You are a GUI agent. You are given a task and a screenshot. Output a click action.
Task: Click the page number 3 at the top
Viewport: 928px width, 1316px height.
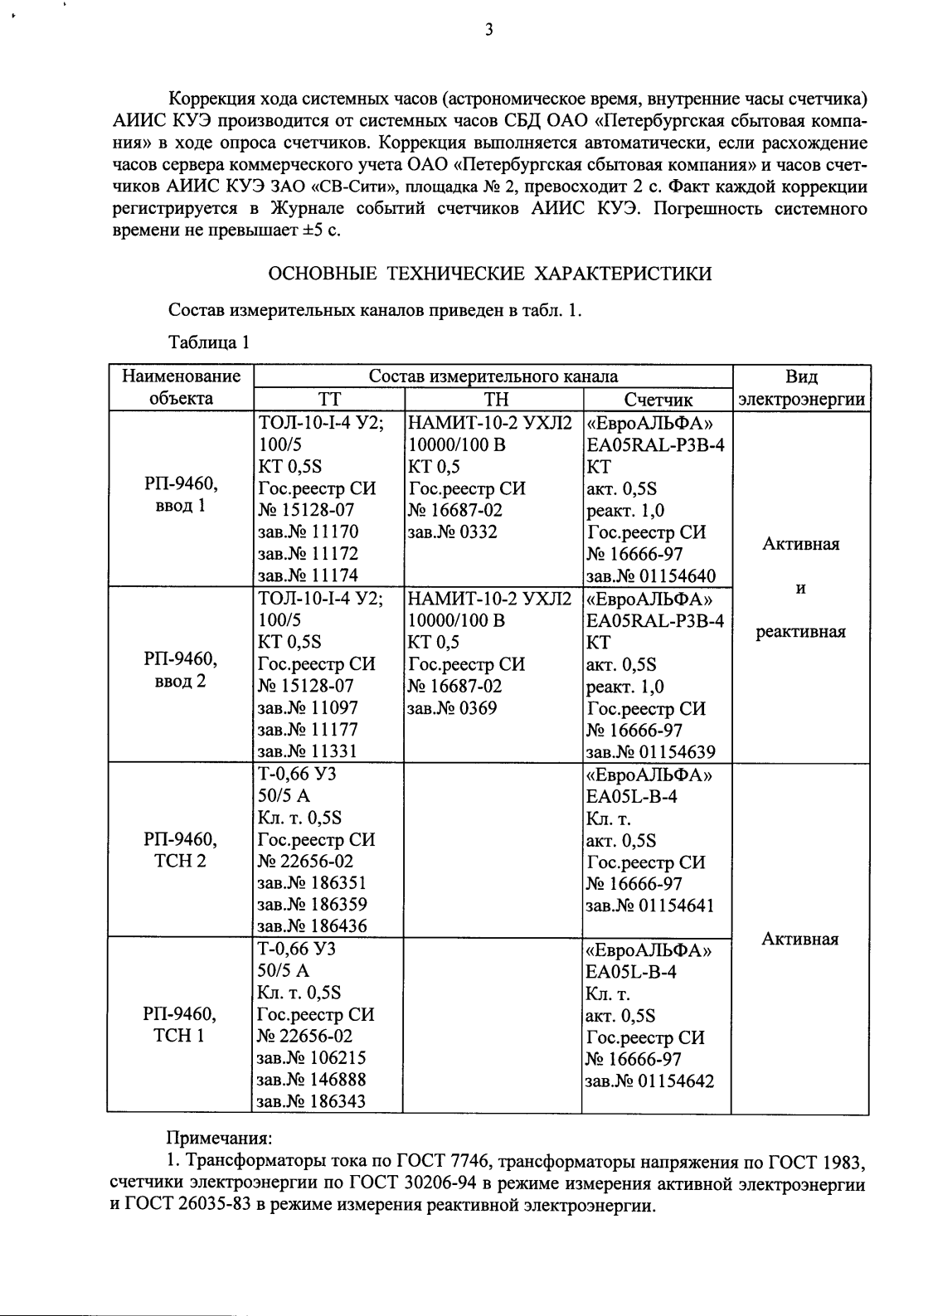pyautogui.click(x=488, y=31)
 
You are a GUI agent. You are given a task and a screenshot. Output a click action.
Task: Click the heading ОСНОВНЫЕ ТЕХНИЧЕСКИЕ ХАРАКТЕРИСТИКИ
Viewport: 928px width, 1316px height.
pyautogui.click(x=491, y=274)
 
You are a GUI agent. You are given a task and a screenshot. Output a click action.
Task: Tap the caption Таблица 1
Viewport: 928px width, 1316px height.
pyautogui.click(x=208, y=342)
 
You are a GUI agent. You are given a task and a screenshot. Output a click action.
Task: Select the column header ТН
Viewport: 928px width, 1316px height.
pyautogui.click(x=495, y=399)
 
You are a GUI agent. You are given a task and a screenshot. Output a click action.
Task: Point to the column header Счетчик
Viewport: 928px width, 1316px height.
pyautogui.click(x=658, y=400)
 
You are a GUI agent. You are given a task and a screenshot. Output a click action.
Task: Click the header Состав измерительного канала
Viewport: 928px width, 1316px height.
pyautogui.click(x=493, y=376)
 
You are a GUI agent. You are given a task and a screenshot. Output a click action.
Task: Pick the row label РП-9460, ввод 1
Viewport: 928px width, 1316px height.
pyautogui.click(x=180, y=494)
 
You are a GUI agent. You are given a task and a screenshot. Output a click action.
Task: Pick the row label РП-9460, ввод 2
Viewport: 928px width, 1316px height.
pyautogui.click(x=180, y=670)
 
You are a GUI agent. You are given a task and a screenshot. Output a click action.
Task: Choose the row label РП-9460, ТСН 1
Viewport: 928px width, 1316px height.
pyautogui.click(x=180, y=1025)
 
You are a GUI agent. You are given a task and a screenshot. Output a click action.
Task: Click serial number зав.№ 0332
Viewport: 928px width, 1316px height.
pyautogui.click(x=452, y=532)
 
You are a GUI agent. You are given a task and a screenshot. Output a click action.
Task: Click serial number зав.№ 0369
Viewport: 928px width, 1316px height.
pyautogui.click(x=452, y=708)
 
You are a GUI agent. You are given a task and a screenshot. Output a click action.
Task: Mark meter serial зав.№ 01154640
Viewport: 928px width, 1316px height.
pyautogui.click(x=651, y=576)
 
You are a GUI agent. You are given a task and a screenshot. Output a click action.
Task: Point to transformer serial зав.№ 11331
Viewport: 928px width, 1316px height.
pyautogui.click(x=308, y=752)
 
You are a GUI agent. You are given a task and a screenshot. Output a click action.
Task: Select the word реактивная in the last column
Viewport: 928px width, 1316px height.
pyautogui.click(x=800, y=632)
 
